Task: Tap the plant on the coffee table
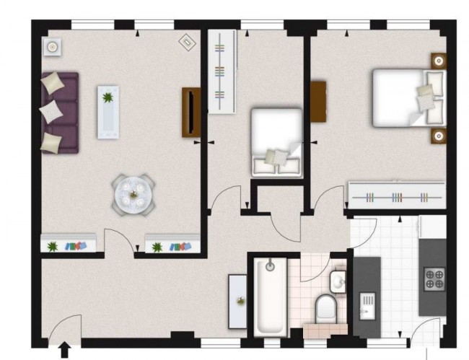108,98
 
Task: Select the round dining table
133,193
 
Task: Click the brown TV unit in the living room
191,112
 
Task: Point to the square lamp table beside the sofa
52,48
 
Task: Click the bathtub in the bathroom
270,296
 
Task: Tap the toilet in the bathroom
327,309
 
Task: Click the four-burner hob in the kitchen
434,278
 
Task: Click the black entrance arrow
63,350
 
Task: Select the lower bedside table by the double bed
437,135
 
